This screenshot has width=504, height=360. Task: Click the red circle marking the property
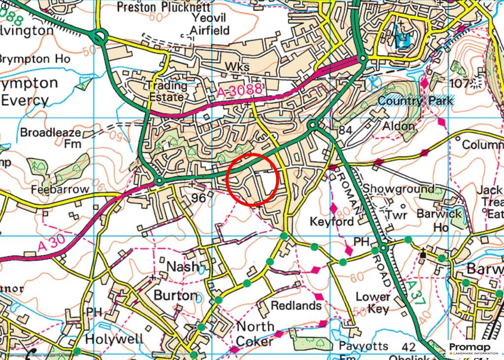coord(253,179)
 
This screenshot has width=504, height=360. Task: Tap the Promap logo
coord(473,349)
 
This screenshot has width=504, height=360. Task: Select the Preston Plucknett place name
coord(163,7)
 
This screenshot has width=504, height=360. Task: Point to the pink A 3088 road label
coord(241,91)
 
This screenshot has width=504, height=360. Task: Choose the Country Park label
coord(416,101)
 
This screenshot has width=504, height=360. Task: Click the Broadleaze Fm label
coord(52,138)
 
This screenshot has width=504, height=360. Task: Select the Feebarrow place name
coord(60,189)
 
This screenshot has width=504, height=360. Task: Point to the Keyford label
coord(332,222)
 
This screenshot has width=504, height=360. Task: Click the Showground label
coord(398,189)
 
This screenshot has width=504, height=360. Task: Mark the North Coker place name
coord(255,333)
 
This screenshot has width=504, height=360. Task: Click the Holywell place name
coord(114,339)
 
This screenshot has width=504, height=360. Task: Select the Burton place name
coord(176,296)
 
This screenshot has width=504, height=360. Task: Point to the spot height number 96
coord(198,198)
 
